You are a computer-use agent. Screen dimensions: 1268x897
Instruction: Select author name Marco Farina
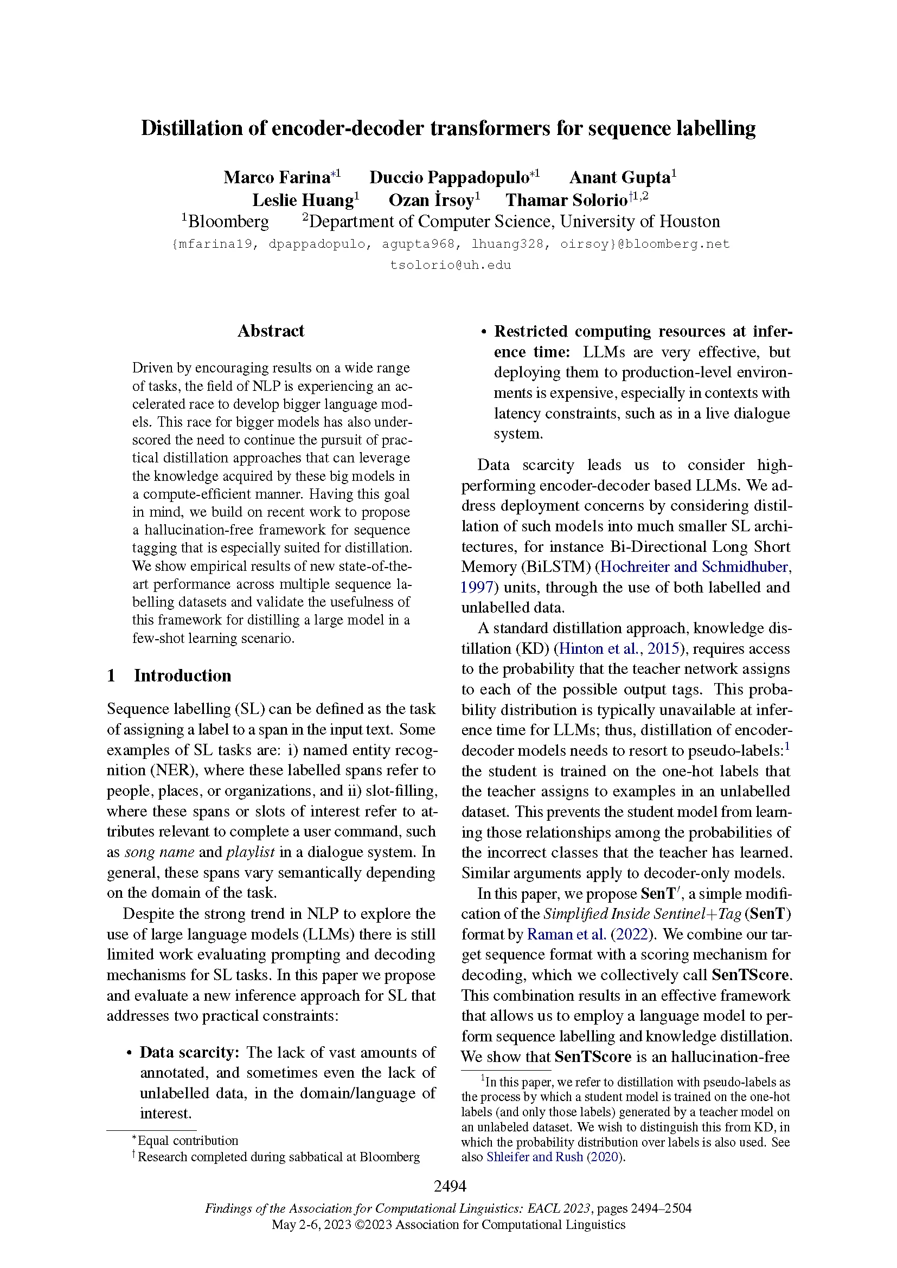click(276, 177)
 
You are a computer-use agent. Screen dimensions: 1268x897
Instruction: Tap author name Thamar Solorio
click(566, 200)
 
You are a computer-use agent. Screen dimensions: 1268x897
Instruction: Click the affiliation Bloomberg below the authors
click(228, 222)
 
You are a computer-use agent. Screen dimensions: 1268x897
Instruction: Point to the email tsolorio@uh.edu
click(450, 265)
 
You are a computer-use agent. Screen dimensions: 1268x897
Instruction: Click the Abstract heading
click(271, 331)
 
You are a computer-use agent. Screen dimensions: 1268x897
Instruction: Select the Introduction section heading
click(182, 675)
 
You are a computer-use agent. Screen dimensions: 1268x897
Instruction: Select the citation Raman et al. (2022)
click(591, 934)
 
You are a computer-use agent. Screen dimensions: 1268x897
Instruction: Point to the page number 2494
click(450, 1186)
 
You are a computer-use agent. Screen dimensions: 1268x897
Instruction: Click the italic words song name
click(159, 852)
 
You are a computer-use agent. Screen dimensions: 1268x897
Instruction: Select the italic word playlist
click(250, 852)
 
